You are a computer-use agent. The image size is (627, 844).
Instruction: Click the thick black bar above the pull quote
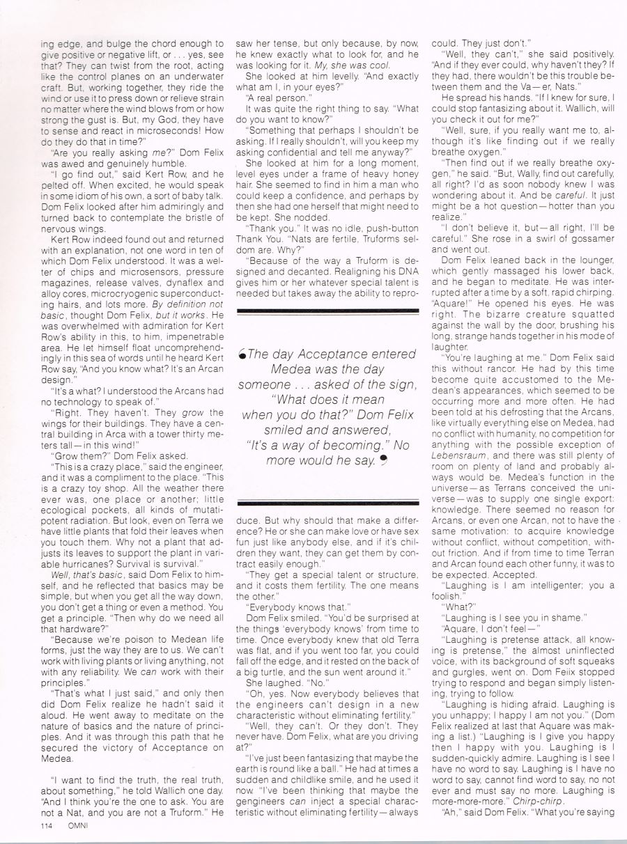[x=328, y=311]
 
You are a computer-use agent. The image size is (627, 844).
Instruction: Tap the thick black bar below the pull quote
[x=328, y=501]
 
